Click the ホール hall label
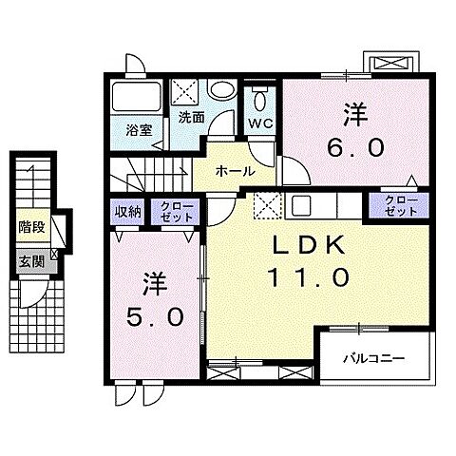tap(235, 171)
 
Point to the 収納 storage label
tap(129, 212)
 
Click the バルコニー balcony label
tap(374, 359)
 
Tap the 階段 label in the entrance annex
tap(31, 227)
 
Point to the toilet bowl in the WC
tap(258, 98)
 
